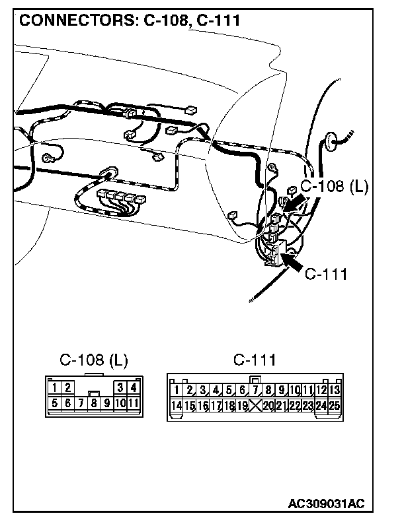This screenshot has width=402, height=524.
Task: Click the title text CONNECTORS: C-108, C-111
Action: [130, 20]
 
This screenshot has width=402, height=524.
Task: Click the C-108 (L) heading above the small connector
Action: [94, 360]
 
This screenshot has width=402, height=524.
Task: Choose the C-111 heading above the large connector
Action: [255, 360]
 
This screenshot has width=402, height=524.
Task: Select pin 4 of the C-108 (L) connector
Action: [133, 388]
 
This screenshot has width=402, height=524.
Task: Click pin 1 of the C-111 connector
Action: [177, 390]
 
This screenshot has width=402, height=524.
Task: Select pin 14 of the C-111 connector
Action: [177, 405]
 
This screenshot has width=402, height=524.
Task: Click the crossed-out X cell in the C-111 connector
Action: [255, 405]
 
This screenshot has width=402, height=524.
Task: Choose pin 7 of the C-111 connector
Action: [255, 390]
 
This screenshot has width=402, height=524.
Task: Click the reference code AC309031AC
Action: [326, 504]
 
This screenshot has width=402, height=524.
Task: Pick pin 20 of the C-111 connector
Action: [268, 405]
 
